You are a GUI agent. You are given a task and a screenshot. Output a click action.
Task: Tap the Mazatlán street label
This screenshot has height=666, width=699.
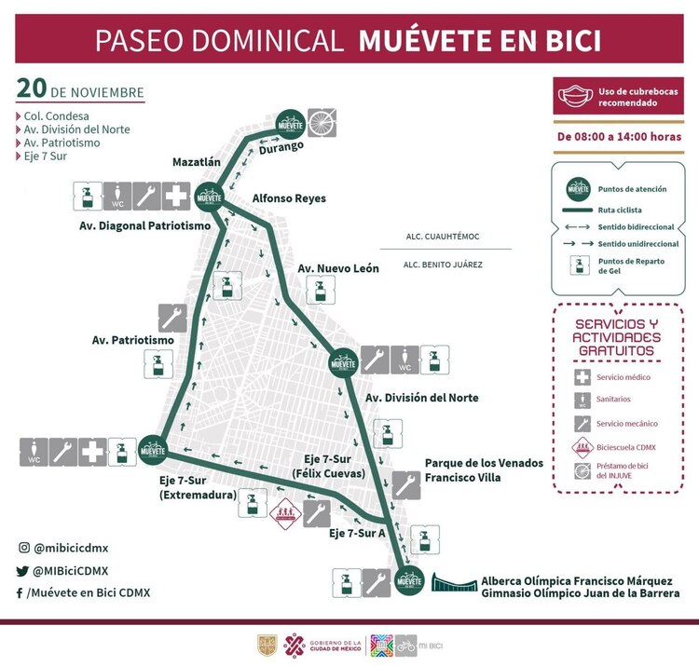pyautogui.click(x=196, y=162)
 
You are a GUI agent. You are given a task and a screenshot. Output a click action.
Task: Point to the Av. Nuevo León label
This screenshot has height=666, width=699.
pyautogui.click(x=337, y=268)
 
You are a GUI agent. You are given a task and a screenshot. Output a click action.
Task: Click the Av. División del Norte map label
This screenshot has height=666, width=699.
pyautogui.click(x=421, y=398)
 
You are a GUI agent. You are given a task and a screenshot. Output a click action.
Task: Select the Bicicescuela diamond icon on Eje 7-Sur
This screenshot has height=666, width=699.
pyautogui.click(x=283, y=513)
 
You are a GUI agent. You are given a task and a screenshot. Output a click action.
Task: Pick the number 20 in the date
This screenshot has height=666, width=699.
pyautogui.click(x=32, y=89)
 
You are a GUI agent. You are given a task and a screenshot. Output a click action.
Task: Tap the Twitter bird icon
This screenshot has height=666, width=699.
pyautogui.click(x=21, y=571)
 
